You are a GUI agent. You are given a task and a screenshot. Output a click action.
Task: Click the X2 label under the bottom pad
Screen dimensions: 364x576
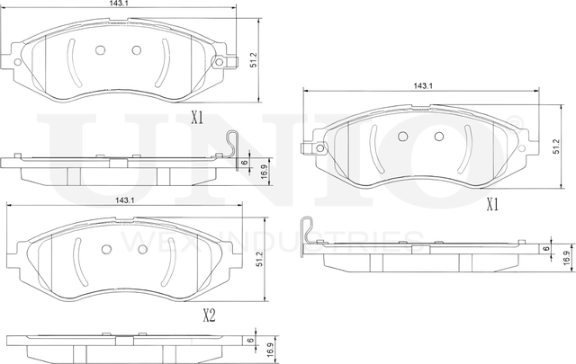tap(209, 315)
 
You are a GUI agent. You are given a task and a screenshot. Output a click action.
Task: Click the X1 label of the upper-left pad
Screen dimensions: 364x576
tap(197, 117)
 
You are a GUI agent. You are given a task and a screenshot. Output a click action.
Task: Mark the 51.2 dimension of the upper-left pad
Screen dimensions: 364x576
tap(255, 60)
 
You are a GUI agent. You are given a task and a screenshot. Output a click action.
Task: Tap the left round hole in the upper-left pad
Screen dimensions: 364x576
tap(101, 50)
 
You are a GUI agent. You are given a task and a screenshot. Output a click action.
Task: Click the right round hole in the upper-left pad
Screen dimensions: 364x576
tap(137, 50)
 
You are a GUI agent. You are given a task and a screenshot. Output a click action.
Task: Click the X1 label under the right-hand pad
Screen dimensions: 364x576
tap(492, 205)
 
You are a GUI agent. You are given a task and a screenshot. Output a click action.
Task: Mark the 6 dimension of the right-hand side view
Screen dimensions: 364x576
tap(544, 247)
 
